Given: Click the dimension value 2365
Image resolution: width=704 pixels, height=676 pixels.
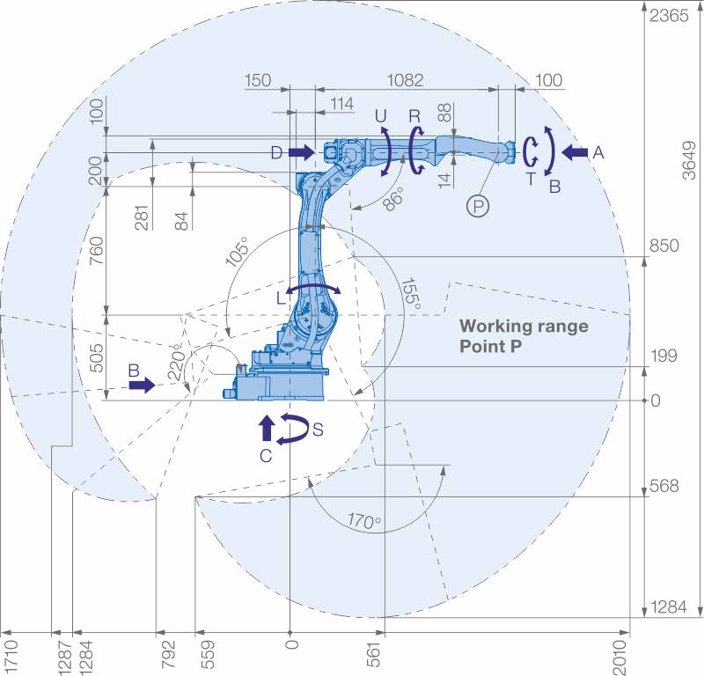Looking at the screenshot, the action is (x=669, y=16).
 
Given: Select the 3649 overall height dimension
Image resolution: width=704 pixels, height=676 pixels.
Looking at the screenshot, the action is (x=689, y=160).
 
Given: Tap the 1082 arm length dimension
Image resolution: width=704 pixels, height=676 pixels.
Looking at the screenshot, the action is (x=405, y=80).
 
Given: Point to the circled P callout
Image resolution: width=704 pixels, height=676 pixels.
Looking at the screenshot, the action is (x=478, y=207).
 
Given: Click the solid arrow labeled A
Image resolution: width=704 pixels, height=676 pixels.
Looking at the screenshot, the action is (x=575, y=153).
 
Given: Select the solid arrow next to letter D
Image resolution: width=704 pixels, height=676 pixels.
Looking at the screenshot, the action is (x=301, y=152).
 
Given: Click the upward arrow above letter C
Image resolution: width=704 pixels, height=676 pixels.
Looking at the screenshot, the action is (x=268, y=427).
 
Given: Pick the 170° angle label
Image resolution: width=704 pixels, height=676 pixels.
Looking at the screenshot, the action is (x=364, y=521).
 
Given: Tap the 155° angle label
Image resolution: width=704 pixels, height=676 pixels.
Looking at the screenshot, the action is (x=411, y=293).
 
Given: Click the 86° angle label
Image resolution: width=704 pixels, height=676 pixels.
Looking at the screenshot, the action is (x=393, y=199).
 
